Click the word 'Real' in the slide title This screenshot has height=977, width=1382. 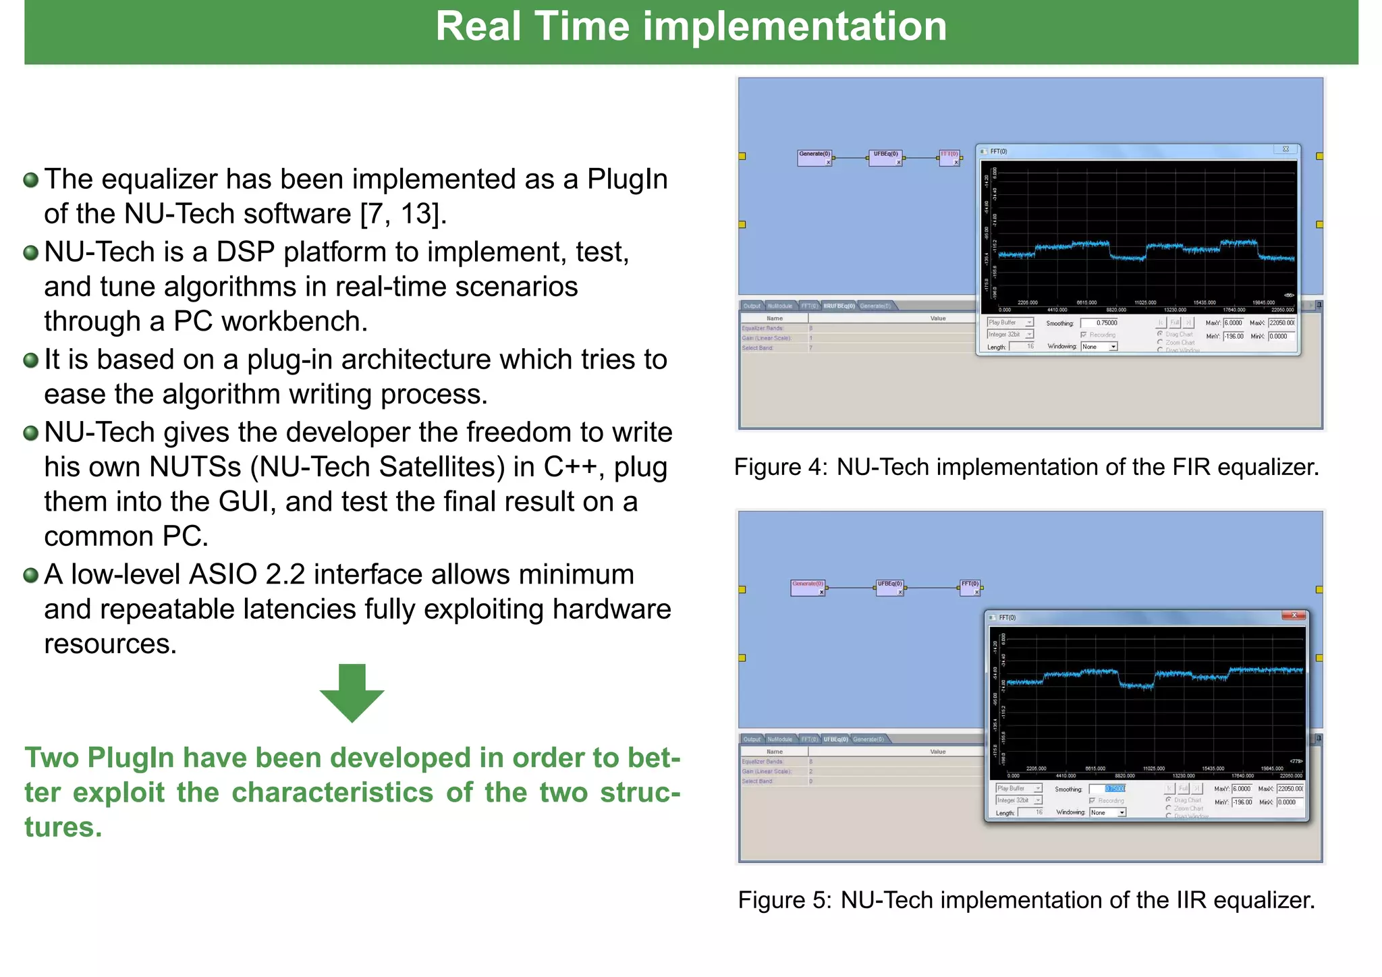click(x=478, y=27)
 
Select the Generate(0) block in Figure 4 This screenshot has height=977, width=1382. click(x=814, y=157)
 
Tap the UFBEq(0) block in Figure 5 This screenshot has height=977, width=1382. click(x=889, y=587)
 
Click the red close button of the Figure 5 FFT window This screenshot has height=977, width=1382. click(x=1294, y=615)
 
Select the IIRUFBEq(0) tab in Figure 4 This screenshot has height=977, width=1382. click(x=839, y=306)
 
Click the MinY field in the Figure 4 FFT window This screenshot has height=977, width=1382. click(x=1234, y=336)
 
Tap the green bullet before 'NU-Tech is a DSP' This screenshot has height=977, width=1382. click(x=31, y=253)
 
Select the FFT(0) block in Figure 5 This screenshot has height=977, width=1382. click(x=970, y=587)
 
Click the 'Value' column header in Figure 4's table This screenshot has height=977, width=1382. click(x=937, y=318)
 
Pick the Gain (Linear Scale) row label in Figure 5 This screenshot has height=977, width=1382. click(x=767, y=771)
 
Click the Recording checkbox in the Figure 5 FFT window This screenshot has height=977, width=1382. click(x=1093, y=801)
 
